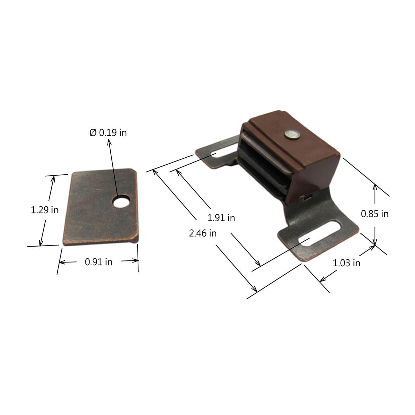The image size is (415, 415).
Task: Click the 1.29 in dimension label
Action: click(x=45, y=210)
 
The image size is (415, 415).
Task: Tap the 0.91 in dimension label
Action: click(x=99, y=262)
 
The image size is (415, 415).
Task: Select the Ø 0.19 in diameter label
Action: click(x=108, y=132)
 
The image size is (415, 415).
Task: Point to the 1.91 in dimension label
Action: click(x=221, y=218)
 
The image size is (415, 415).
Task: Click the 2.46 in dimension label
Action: click(x=203, y=233)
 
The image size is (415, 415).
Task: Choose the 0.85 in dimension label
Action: click(x=375, y=214)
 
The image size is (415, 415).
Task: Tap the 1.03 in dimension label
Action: click(x=347, y=263)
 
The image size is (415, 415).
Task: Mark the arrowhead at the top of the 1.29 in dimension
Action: click(x=53, y=179)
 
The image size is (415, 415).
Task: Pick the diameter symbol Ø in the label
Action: click(x=93, y=132)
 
